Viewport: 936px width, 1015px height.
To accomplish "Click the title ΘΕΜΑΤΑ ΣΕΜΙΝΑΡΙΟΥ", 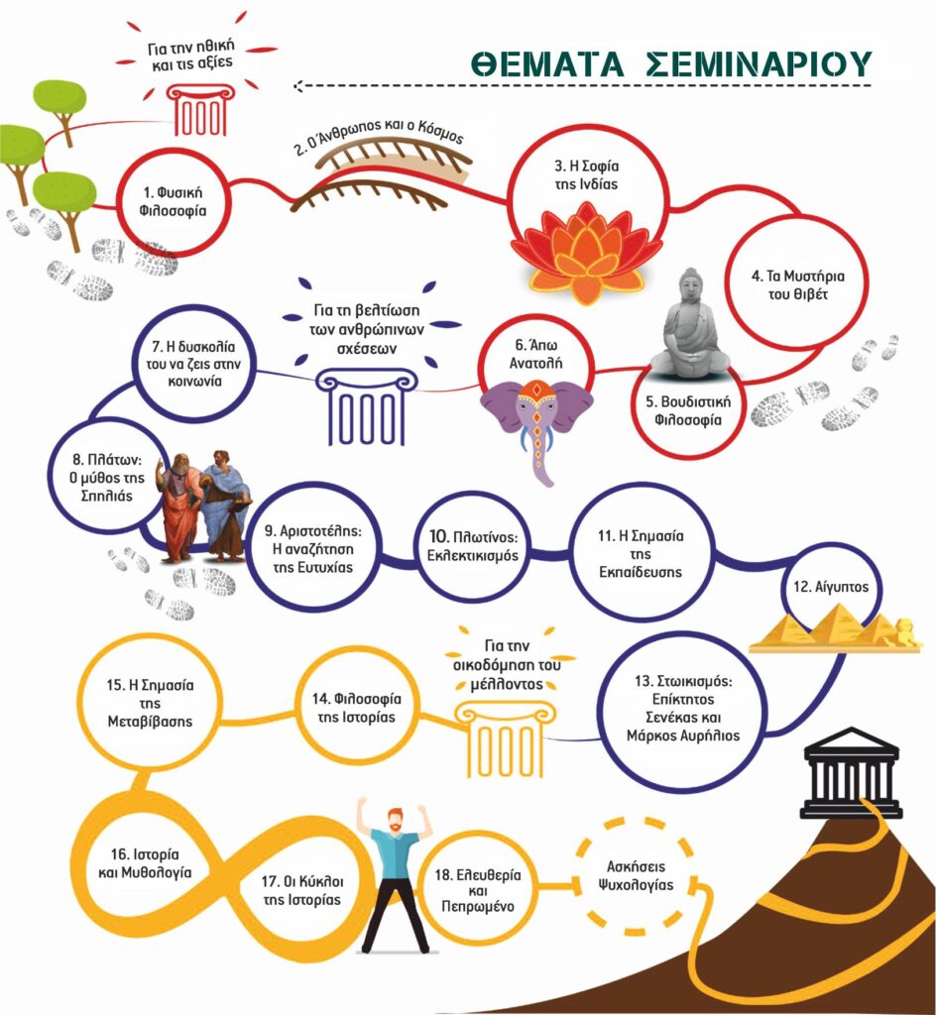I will pos(671,62).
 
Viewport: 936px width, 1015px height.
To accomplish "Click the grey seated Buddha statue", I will pos(688,327).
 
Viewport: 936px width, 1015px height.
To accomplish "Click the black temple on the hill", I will pos(851,773).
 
